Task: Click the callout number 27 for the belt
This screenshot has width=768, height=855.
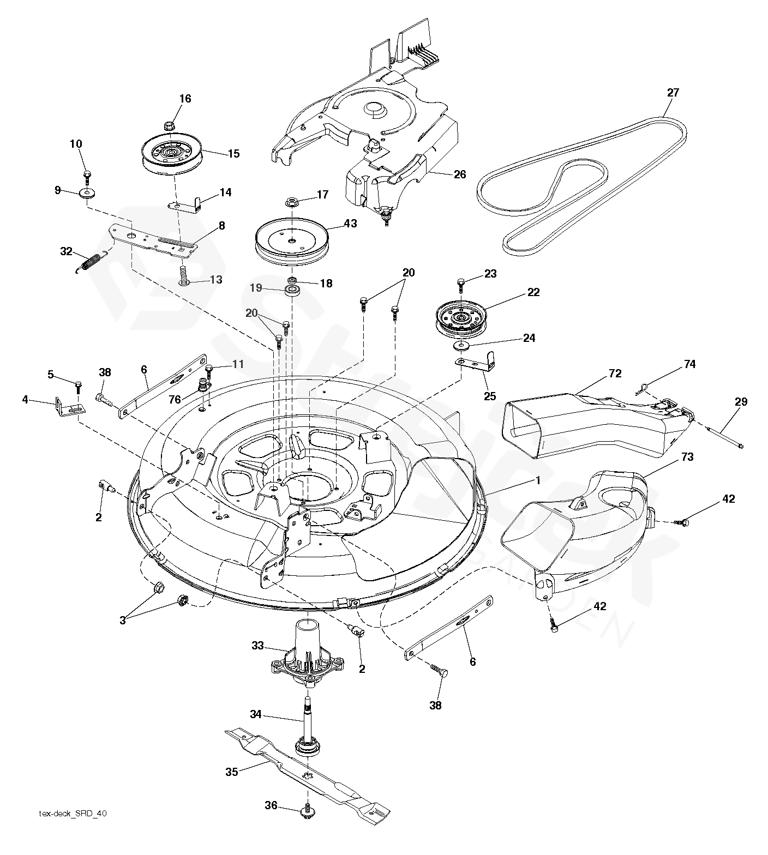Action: (x=673, y=93)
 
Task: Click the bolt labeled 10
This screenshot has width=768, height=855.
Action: (x=87, y=175)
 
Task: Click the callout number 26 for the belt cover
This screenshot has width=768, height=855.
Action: (x=460, y=174)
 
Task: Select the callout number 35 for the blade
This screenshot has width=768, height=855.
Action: (x=232, y=772)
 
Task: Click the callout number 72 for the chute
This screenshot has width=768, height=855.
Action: (x=615, y=374)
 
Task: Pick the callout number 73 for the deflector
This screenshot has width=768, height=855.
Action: (x=687, y=457)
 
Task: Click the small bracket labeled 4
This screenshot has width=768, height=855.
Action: (x=69, y=408)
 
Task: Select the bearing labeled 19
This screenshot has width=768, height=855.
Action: (x=293, y=289)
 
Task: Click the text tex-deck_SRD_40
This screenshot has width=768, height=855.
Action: (x=73, y=829)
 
